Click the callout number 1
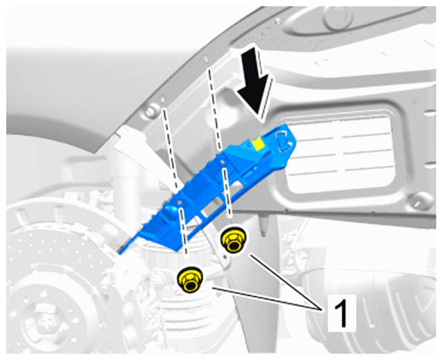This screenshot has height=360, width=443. click(342, 313)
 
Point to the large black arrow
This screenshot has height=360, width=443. click(254, 85)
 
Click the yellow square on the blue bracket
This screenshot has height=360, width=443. click(258, 144)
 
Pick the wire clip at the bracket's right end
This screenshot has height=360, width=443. click(284, 139)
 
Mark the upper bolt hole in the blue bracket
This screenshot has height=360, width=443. click(223, 162)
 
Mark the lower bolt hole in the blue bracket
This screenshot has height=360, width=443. click(179, 202)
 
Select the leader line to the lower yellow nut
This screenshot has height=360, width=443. click(266, 299)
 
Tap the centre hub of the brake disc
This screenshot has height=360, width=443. click(42, 322)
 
